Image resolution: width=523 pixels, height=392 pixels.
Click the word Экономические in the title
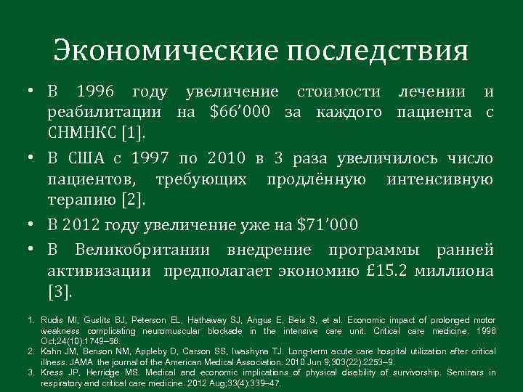click(x=166, y=51)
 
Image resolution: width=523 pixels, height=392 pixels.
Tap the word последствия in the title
click(x=378, y=51)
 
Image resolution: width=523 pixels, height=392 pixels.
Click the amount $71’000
click(x=328, y=225)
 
